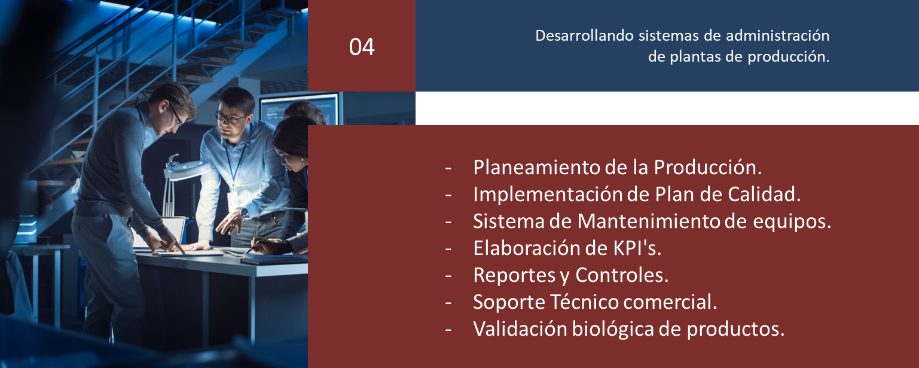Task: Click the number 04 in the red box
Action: pos(362,47)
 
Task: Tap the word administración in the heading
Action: pos(778,36)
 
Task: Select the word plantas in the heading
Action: pos(695,57)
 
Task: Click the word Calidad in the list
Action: pos(764,194)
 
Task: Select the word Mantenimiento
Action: pos(649,221)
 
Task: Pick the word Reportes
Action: pos(514,276)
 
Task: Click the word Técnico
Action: pos(584,302)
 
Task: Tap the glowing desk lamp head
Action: pos(187,169)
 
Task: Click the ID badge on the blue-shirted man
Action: pos(232,199)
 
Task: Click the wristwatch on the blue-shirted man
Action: pos(244,213)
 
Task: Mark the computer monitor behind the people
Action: pos(300,109)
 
